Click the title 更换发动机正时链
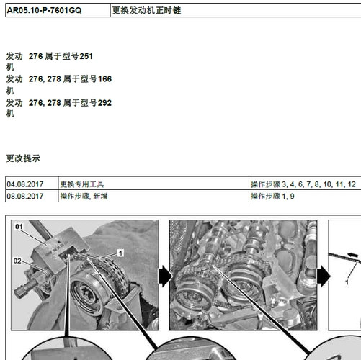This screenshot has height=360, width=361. click(x=152, y=12)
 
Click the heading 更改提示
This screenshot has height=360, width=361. click(x=23, y=158)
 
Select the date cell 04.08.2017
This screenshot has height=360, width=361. click(x=25, y=184)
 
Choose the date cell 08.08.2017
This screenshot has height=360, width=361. click(x=25, y=196)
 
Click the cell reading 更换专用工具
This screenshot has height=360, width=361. click(x=83, y=184)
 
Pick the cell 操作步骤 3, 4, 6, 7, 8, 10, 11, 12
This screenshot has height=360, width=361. click(x=303, y=184)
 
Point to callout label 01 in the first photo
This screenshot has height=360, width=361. click(x=19, y=228)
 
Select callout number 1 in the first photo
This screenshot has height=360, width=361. click(x=120, y=252)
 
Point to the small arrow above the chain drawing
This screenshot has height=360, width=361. click(x=352, y=253)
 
